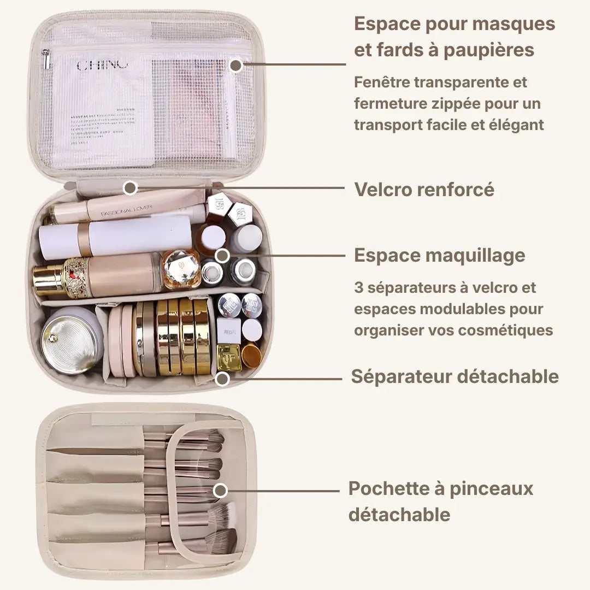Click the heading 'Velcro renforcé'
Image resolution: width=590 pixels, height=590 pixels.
(x=424, y=190)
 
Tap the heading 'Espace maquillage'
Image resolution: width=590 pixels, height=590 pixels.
(x=440, y=255)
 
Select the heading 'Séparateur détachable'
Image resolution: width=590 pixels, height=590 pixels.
(x=455, y=376)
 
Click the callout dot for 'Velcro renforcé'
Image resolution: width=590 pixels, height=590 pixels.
(x=129, y=188)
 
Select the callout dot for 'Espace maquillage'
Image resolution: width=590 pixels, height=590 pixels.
(x=222, y=255)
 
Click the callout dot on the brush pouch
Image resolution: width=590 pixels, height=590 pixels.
(x=220, y=490)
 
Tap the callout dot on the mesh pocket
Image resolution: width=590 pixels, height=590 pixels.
(x=235, y=66)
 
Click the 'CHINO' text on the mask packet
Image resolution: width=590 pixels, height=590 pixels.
(x=103, y=66)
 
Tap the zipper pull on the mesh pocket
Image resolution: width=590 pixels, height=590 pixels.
(x=48, y=58)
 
